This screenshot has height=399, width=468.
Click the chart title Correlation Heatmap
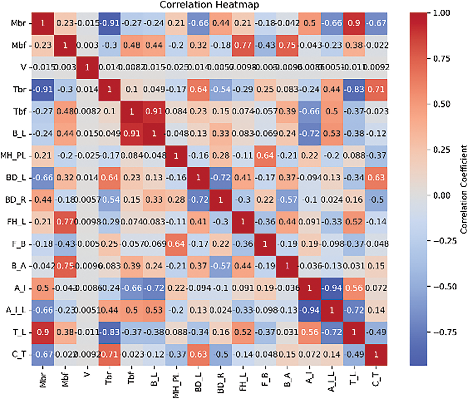coord(209,5)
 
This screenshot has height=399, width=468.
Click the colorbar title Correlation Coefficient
coord(464,189)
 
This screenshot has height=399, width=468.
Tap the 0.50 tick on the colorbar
coord(442,104)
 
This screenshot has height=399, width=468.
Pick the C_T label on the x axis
coord(376,378)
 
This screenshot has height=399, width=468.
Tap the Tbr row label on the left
coord(19,90)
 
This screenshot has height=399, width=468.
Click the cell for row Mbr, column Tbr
coord(109,23)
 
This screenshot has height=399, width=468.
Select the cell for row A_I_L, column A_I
coord(309,310)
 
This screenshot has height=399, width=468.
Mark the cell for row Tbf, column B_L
coord(154,111)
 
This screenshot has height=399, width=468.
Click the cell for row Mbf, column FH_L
coord(243,45)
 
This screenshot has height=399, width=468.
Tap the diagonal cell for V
coord(87,67)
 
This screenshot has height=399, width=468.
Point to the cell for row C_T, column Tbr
coord(109,354)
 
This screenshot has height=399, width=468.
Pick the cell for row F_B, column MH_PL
coord(176,244)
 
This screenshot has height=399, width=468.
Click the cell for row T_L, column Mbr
coord(43,332)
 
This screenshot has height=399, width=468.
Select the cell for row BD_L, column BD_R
coord(220,178)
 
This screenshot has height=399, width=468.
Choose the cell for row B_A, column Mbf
coord(65,266)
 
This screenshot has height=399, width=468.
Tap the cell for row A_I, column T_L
coord(354,288)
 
